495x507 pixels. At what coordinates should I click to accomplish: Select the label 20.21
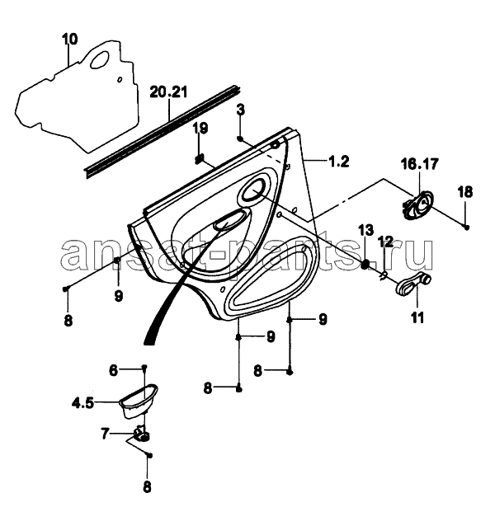tap(169, 92)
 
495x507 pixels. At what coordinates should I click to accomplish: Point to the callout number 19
tap(200, 128)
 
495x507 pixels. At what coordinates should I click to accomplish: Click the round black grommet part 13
tap(365, 264)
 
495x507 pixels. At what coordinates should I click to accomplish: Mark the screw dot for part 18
tap(466, 226)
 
